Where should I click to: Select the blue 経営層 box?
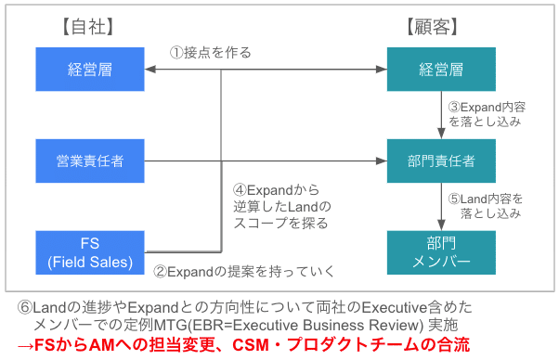pos(90,69)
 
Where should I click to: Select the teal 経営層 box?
pos(441,69)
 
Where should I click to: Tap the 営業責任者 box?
pos(90,161)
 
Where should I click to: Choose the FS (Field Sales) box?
pos(90,251)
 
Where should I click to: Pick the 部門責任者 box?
pos(441,161)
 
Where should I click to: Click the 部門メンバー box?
pos(441,251)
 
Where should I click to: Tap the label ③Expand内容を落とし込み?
pos(484,114)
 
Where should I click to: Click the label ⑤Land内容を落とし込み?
pos(484,205)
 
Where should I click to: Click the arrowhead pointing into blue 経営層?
pos(151,70)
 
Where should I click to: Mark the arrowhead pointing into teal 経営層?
pos(381,70)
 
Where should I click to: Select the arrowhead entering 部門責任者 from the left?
pos(381,161)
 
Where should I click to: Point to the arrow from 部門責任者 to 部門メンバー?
pos(441,205)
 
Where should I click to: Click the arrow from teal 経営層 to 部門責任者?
pos(441,114)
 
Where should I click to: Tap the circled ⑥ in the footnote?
pos(25,307)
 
